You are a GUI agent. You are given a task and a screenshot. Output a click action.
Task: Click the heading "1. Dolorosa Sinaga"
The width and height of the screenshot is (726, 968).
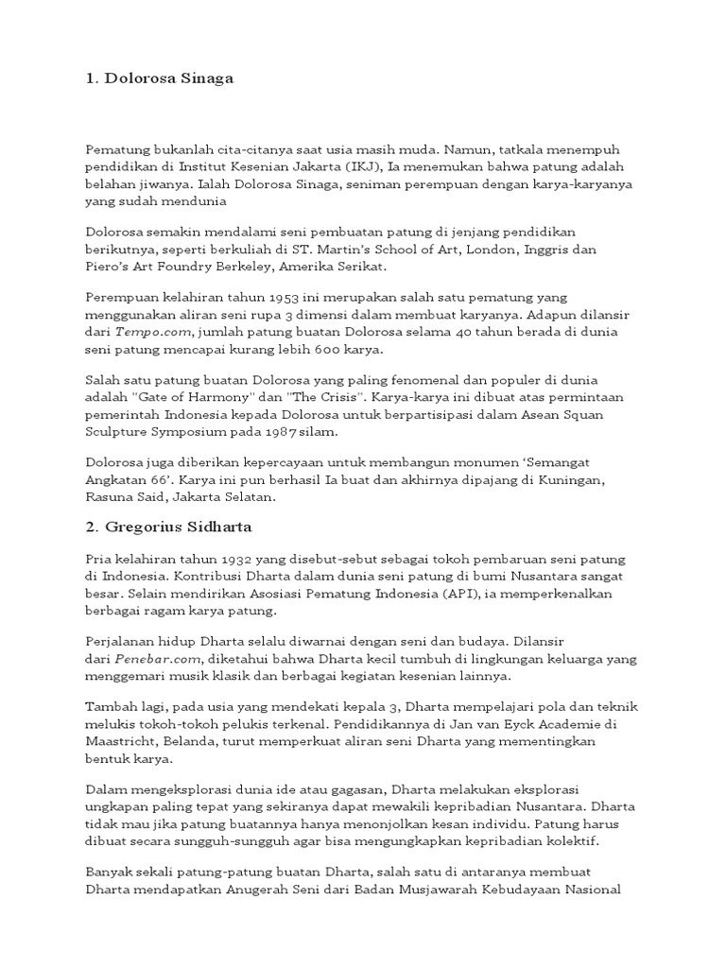coord(159,79)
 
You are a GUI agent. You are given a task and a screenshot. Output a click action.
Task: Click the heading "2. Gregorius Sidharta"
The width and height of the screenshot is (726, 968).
coord(171,527)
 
